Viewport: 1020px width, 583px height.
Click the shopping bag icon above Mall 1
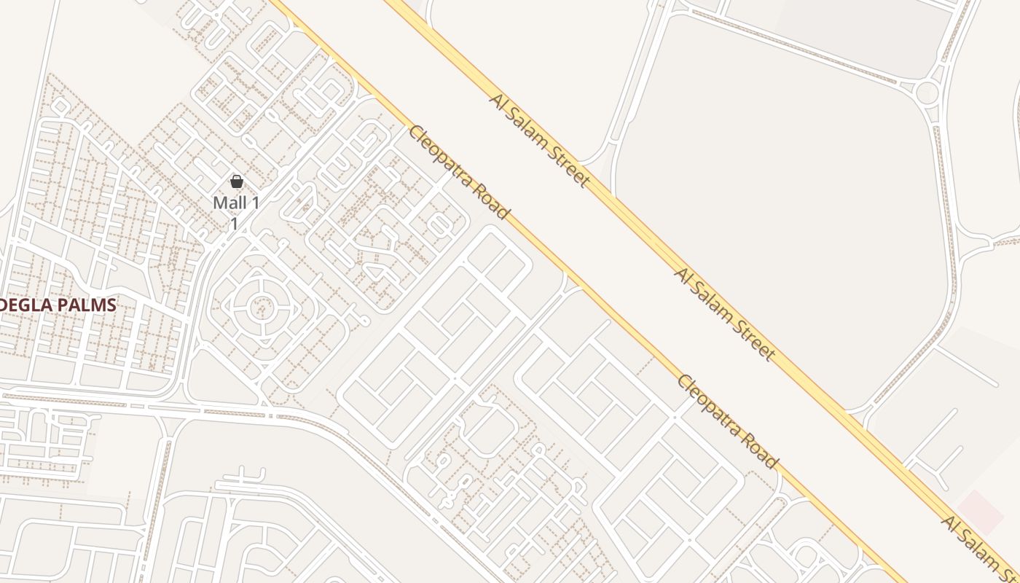[x=236, y=181]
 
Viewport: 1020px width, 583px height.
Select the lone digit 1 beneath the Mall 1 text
[x=235, y=224]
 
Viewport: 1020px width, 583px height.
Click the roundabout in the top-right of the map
[x=927, y=93]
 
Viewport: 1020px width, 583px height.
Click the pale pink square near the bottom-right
[x=980, y=512]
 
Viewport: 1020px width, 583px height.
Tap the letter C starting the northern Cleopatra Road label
[x=415, y=133]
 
